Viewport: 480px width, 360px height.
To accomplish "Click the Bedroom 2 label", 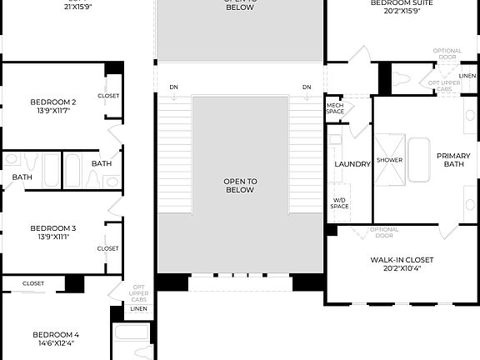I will point(53,102).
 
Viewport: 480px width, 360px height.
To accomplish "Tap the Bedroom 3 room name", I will point(53,227).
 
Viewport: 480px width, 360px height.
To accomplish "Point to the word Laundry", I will point(352,164).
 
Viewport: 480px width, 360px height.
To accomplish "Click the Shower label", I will point(389,160).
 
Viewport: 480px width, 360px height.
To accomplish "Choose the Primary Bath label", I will point(453,159).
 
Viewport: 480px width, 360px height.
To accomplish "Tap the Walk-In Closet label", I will point(402,260).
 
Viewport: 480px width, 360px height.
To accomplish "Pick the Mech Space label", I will point(335,108).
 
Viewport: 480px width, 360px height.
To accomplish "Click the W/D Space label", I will point(339,202).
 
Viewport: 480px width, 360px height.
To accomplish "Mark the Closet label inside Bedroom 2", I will point(108,96).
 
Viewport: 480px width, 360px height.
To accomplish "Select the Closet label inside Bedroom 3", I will point(108,248).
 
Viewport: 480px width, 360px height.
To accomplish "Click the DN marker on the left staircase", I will point(173,87).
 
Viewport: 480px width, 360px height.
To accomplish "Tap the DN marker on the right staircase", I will point(307,87).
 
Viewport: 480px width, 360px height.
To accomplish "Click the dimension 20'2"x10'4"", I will point(402,269).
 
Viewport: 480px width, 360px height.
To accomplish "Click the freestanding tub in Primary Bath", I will point(417,159).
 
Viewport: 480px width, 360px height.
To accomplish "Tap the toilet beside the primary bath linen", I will point(402,79).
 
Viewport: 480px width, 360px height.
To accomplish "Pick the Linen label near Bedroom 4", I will point(138,308).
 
